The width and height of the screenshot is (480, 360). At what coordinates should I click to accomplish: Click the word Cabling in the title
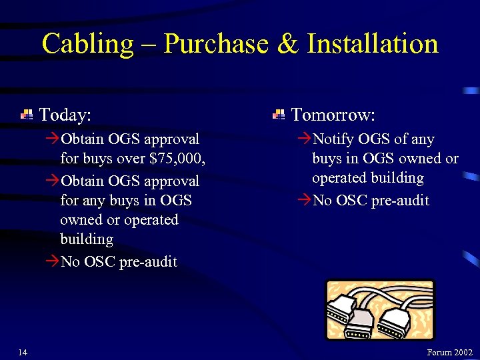pos(79,45)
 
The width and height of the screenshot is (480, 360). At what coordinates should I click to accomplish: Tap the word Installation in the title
pos(373,45)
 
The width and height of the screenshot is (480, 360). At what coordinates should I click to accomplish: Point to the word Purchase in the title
pos(215,45)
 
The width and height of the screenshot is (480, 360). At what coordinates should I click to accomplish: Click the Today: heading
pos(65,115)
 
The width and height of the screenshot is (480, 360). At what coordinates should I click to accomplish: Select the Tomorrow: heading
pos(333,115)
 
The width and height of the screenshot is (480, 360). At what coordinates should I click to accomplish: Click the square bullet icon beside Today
pos(27,115)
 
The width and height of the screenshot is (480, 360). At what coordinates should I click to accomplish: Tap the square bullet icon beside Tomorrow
pos(279,115)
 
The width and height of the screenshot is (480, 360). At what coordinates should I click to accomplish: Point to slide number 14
pos(23,352)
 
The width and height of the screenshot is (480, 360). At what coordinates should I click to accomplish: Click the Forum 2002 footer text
pos(449,352)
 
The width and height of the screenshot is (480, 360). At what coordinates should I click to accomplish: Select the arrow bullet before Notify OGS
pos(304,139)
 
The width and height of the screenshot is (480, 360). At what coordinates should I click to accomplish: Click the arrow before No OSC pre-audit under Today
pos(52,261)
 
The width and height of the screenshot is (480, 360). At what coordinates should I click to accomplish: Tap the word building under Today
pos(87,239)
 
